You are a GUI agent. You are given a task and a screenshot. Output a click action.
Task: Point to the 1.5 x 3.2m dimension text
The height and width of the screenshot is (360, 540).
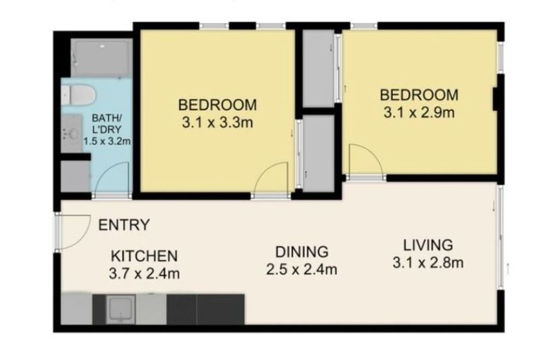coord(107,141)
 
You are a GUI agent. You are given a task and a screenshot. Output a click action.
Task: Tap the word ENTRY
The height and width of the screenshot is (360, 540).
coord(124,226)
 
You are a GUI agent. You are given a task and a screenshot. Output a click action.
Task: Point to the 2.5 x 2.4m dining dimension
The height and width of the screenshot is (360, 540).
coord(302,269)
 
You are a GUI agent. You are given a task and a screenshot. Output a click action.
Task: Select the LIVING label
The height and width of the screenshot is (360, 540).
coord(427,245)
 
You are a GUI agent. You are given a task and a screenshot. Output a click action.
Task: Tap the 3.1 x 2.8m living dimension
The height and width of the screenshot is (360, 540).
coord(427,264)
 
